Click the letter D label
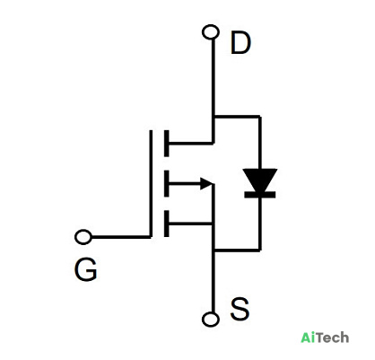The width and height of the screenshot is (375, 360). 240,43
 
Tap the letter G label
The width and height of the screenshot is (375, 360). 85,269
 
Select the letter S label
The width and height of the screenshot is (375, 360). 240,308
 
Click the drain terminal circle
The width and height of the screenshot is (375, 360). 211,32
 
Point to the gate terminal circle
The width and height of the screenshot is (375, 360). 83,237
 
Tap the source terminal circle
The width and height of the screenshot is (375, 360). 211,319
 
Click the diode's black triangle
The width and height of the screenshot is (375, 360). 260,180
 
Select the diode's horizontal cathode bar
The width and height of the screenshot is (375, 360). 260,195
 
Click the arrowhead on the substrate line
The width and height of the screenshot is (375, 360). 206,183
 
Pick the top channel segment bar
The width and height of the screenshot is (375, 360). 167,144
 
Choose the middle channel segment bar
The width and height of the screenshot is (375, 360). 167,183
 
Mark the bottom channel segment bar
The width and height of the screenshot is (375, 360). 167,224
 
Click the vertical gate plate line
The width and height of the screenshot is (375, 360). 151,183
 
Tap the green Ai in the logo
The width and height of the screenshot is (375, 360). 308,338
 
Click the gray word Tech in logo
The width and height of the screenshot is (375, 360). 332,338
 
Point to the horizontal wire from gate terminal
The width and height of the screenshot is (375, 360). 121,237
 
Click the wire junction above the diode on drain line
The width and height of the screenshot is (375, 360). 214,116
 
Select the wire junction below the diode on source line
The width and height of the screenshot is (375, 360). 214,250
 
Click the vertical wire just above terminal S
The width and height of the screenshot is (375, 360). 213,281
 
